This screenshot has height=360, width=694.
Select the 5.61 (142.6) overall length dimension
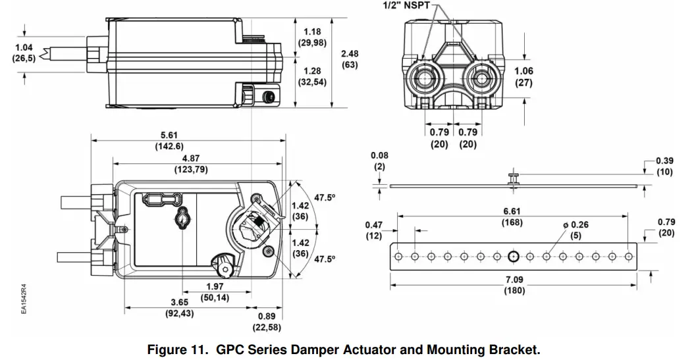click(169, 140)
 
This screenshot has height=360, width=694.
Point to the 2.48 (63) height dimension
click(350, 59)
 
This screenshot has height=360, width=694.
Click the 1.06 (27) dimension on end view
click(524, 77)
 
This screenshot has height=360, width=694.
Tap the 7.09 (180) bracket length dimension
click(514, 285)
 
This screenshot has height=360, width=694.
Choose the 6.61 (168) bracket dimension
click(512, 217)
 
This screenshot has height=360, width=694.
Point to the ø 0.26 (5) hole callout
click(575, 230)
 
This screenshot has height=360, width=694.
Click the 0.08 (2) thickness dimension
click(379, 161)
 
